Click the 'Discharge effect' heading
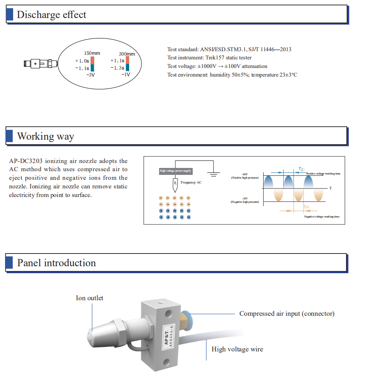[x=52, y=15]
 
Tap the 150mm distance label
[x=92, y=53]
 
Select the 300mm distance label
[x=127, y=54]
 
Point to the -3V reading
[x=91, y=75]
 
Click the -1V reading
[x=126, y=75]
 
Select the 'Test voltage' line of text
[x=217, y=66]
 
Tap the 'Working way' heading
[x=46, y=136]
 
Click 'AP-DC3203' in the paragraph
[x=26, y=161]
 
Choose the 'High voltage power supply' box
[x=175, y=170]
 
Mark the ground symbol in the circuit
[x=213, y=175]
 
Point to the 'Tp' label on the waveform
[x=301, y=169]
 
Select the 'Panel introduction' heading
[x=57, y=263]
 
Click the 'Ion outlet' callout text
[x=89, y=298]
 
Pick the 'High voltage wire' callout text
[x=237, y=349]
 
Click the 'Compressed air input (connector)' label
[x=287, y=313]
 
